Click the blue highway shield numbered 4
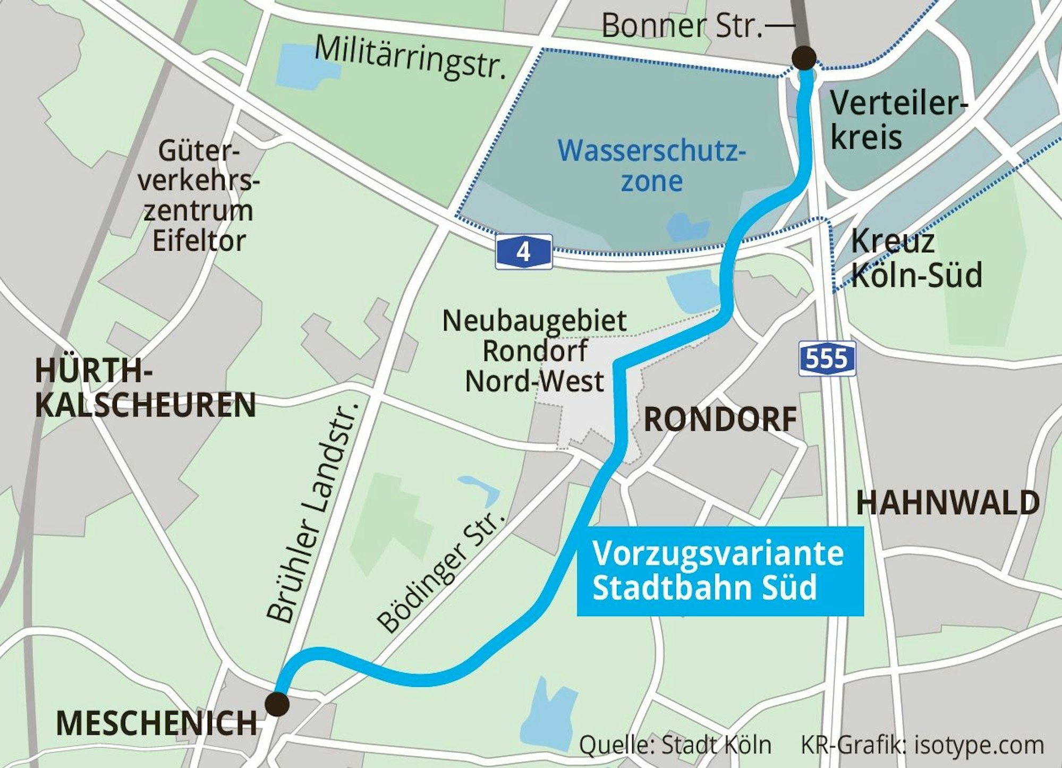click(x=524, y=252)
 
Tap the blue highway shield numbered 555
click(x=827, y=360)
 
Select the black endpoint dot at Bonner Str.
click(x=804, y=58)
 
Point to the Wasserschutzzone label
click(x=651, y=166)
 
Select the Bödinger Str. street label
click(x=440, y=571)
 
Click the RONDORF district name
click(x=720, y=420)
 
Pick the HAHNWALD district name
click(x=947, y=502)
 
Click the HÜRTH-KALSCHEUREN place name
click(x=145, y=388)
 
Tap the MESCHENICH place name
click(x=157, y=723)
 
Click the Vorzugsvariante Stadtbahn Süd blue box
click(x=719, y=571)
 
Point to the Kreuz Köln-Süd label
click(x=916, y=259)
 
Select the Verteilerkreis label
click(x=898, y=120)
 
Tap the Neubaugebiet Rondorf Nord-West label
click(x=534, y=351)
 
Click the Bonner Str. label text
click(x=682, y=25)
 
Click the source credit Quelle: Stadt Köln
click(x=675, y=745)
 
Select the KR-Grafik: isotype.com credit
click(x=922, y=745)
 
